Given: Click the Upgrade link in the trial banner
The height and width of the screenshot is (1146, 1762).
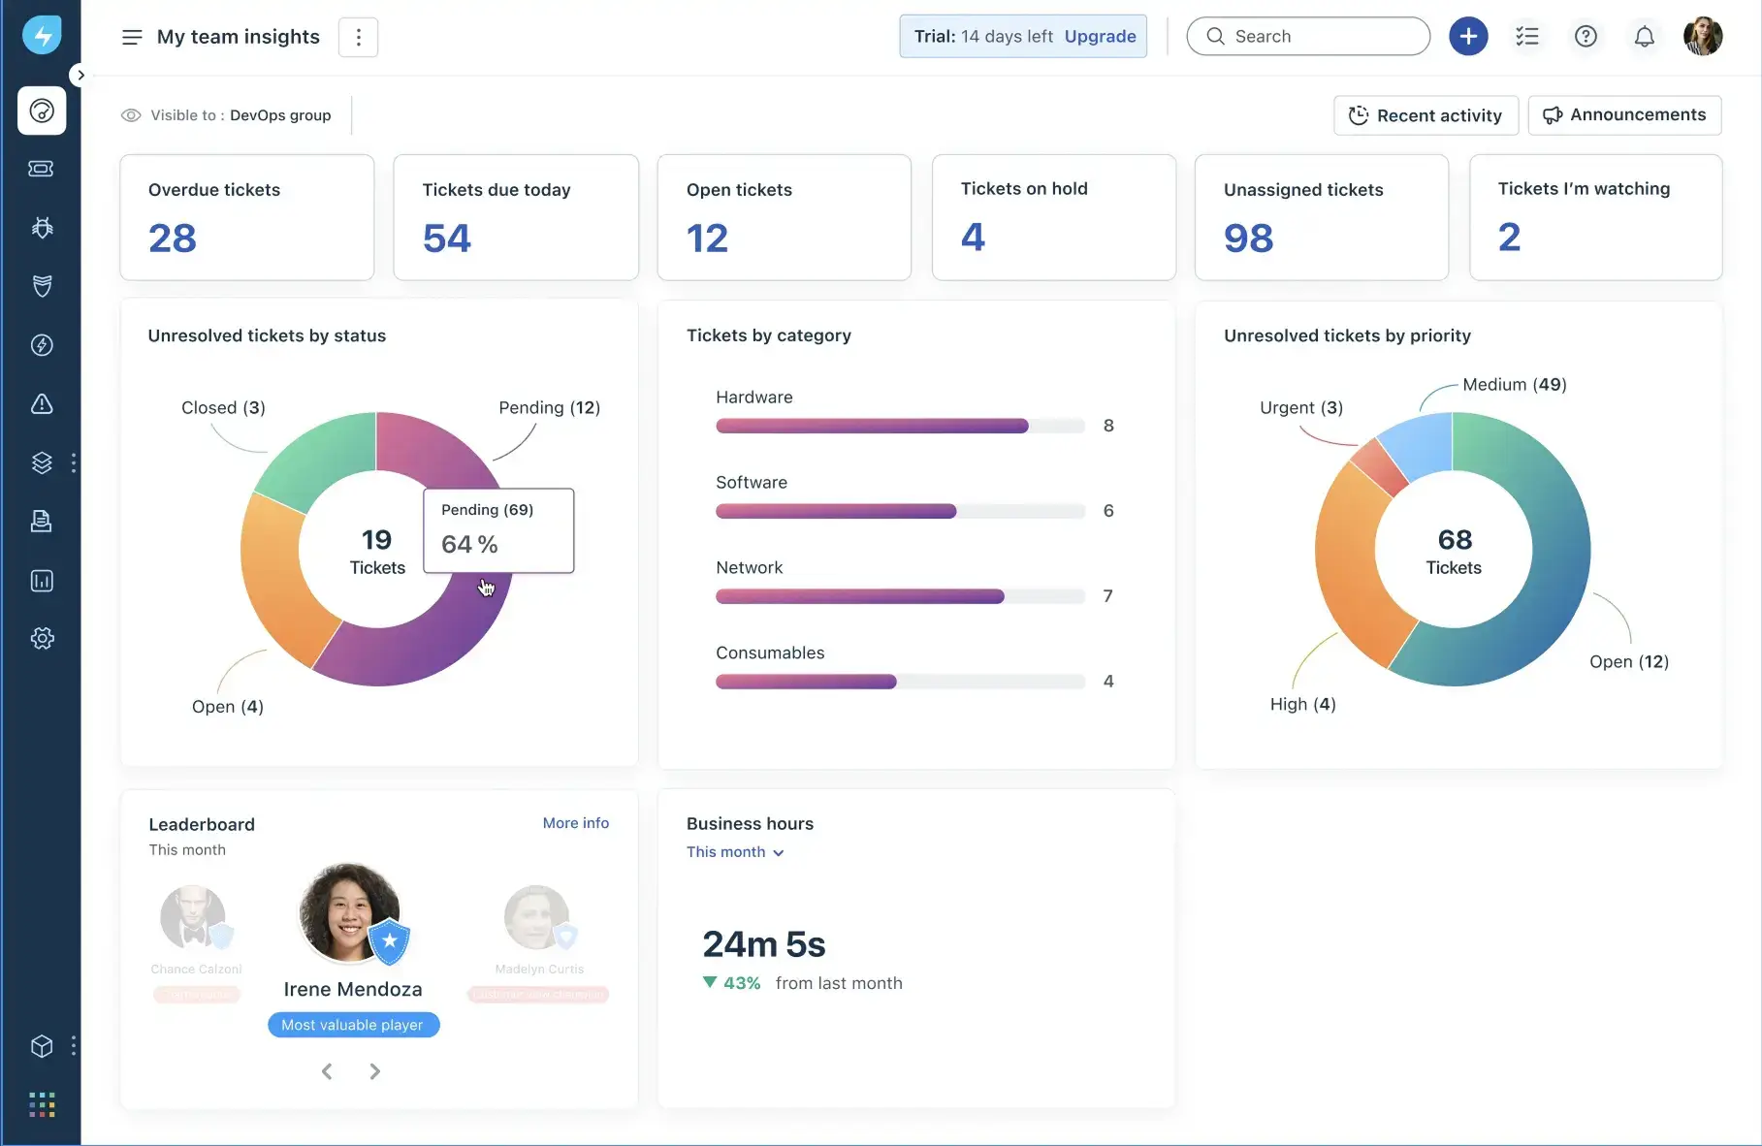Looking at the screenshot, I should coord(1100,37).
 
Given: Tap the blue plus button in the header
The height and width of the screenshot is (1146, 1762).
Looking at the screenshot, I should coord(1468,37).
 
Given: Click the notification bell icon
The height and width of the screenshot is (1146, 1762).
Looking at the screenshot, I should coord(1644,37).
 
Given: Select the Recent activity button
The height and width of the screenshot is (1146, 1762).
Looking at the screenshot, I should coord(1426,115).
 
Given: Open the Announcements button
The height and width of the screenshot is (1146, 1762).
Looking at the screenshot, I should coord(1624,115).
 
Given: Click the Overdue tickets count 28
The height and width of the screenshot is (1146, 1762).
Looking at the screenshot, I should coord(173,239).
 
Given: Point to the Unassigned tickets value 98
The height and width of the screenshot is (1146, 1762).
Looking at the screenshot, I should coord(1248,239).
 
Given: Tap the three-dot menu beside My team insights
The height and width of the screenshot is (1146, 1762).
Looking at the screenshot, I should coord(358,37).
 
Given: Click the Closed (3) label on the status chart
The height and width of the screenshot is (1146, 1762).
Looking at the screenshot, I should coord(223,408).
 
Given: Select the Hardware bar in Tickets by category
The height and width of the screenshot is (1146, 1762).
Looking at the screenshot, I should coord(871,426).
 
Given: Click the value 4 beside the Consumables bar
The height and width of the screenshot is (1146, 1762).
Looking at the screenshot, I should coord(1108,682).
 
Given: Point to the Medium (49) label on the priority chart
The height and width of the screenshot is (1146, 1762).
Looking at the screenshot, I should coord(1514,385).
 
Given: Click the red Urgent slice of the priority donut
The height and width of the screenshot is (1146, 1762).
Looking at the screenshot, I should coord(1378,466).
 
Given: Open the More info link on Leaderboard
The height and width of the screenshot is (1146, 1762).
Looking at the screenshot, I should coord(576,823).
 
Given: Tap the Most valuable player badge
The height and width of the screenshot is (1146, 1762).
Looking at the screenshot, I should coord(353,1025).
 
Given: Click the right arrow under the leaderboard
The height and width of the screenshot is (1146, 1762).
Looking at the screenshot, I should coord(374,1071).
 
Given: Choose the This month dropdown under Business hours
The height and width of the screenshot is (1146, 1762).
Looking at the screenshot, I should coord(735,852).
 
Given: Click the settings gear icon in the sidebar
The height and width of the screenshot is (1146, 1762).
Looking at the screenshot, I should coord(42,638).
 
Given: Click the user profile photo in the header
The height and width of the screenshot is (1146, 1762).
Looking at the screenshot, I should coord(1702,37).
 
